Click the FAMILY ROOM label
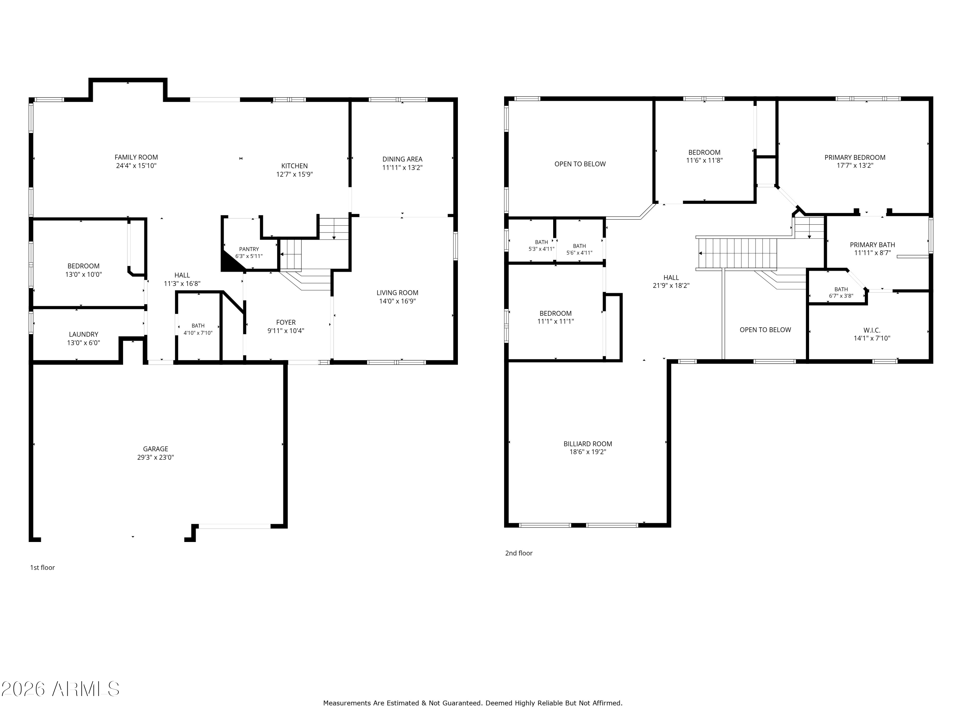click(136, 157)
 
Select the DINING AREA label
click(402, 159)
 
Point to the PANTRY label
click(249, 249)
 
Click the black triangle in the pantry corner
click(229, 263)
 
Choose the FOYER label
click(286, 322)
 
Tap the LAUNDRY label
click(83, 334)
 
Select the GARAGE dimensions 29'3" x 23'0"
click(155, 457)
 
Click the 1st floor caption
click(42, 568)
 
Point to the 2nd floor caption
click(519, 553)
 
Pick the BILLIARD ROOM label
click(587, 444)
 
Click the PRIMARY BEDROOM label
click(855, 158)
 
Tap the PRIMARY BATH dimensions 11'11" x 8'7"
click(873, 253)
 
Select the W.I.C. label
click(872, 330)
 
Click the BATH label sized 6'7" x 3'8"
click(841, 289)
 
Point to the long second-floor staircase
click(737, 253)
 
